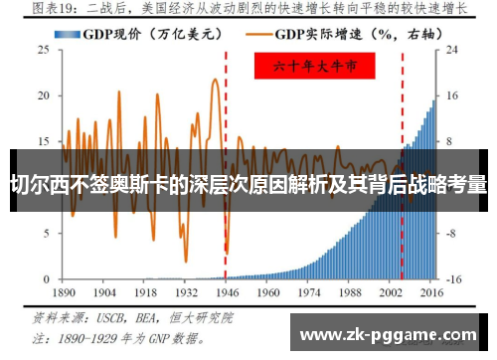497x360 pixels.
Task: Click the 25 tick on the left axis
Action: pos(44,48)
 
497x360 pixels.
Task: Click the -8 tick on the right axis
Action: pos(453,232)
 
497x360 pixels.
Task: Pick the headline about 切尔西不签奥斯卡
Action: pos(248,184)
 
